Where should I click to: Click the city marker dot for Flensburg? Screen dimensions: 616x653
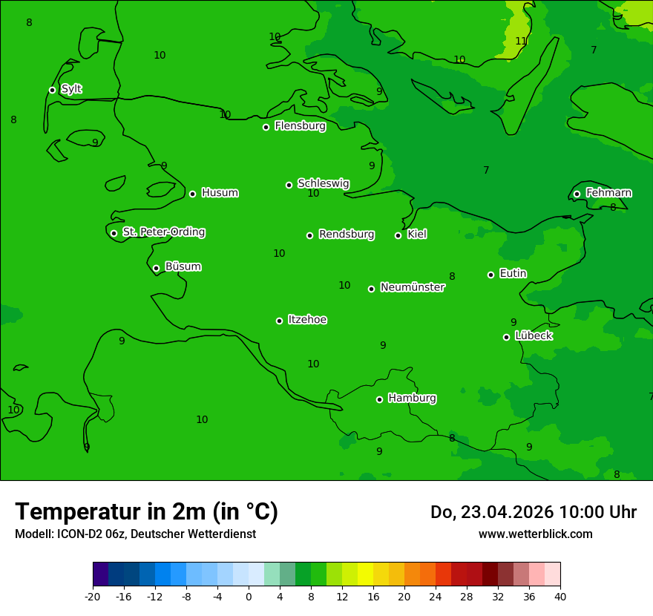[266, 127]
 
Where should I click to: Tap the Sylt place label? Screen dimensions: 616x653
[71, 89]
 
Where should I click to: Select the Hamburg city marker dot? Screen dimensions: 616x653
[379, 399]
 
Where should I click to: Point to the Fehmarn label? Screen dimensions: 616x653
[608, 193]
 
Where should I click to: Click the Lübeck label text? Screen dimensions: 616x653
[533, 335]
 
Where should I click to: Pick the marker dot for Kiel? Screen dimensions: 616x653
[398, 235]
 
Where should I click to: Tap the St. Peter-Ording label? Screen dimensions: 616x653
[163, 232]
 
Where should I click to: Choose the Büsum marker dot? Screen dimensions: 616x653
[156, 268]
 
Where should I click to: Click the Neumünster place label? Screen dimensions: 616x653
[412, 287]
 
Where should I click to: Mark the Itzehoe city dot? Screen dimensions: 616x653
[279, 321]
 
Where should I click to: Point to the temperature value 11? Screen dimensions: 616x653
[521, 41]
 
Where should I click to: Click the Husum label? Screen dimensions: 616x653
[220, 193]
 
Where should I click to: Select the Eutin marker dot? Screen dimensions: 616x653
[490, 275]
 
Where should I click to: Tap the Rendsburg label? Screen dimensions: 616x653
[346, 235]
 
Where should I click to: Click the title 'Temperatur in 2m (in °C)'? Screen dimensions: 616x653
[146, 511]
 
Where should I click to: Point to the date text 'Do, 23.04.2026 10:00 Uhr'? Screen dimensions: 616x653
[533, 512]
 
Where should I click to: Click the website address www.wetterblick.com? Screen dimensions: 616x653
[535, 534]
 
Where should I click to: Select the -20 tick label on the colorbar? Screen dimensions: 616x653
[93, 596]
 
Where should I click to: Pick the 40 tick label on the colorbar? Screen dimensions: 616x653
[560, 596]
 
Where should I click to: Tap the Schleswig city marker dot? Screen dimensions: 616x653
[289, 185]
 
